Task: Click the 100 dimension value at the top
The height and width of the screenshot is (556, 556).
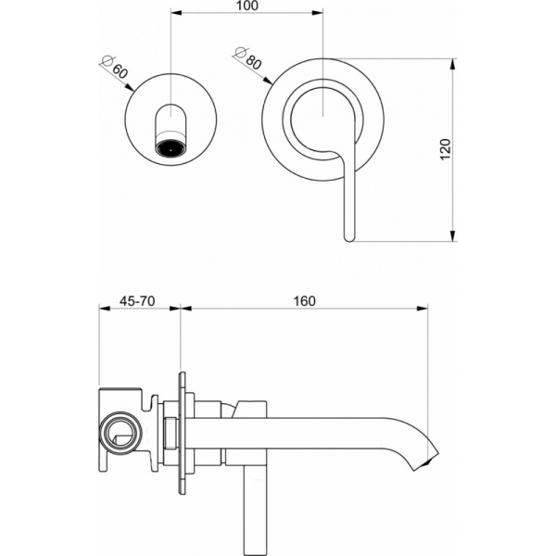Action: coord(246,6)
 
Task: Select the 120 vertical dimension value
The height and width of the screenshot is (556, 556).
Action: coord(444,150)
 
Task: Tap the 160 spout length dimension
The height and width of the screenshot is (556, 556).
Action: coord(303,300)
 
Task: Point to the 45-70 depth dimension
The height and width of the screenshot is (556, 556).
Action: coord(138,300)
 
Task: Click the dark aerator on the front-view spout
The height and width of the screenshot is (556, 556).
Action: coord(171,148)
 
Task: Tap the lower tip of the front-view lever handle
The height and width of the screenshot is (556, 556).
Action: coord(348,237)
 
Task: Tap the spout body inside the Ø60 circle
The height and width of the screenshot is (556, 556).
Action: coord(171,125)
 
